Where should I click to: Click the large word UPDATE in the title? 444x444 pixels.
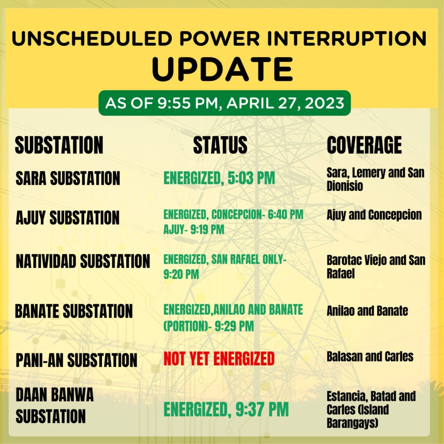pyautogui.click(x=222, y=69)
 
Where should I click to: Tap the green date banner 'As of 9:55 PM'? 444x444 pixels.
pyautogui.click(x=225, y=103)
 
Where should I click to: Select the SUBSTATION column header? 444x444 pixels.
pyautogui.click(x=59, y=145)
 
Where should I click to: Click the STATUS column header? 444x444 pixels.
pyautogui.click(x=220, y=145)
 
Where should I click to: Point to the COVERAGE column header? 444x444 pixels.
pyautogui.click(x=364, y=145)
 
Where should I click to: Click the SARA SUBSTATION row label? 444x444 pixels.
pyautogui.click(x=68, y=178)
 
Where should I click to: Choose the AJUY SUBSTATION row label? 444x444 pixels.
pyautogui.click(x=68, y=218)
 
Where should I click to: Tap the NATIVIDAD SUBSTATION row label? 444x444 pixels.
pyautogui.click(x=83, y=261)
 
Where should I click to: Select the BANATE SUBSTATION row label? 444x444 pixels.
pyautogui.click(x=74, y=311)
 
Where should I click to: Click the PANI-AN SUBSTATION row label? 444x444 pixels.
pyautogui.click(x=76, y=360)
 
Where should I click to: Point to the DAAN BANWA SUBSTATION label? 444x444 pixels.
pyautogui.click(x=54, y=405)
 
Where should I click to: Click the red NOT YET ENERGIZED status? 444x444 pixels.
pyautogui.click(x=219, y=359)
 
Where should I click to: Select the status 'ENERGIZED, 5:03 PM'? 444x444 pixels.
pyautogui.click(x=219, y=178)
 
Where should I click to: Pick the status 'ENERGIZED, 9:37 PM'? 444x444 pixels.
pyautogui.click(x=226, y=409)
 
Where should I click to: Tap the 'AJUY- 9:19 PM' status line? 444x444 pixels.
pyautogui.click(x=194, y=229)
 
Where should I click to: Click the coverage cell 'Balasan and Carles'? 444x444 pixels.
pyautogui.click(x=370, y=356)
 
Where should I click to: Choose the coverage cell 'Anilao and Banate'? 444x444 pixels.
pyautogui.click(x=367, y=310)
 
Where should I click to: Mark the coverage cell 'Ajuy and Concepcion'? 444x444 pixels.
pyautogui.click(x=374, y=215)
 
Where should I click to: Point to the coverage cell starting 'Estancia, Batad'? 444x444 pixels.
pyautogui.click(x=371, y=409)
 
